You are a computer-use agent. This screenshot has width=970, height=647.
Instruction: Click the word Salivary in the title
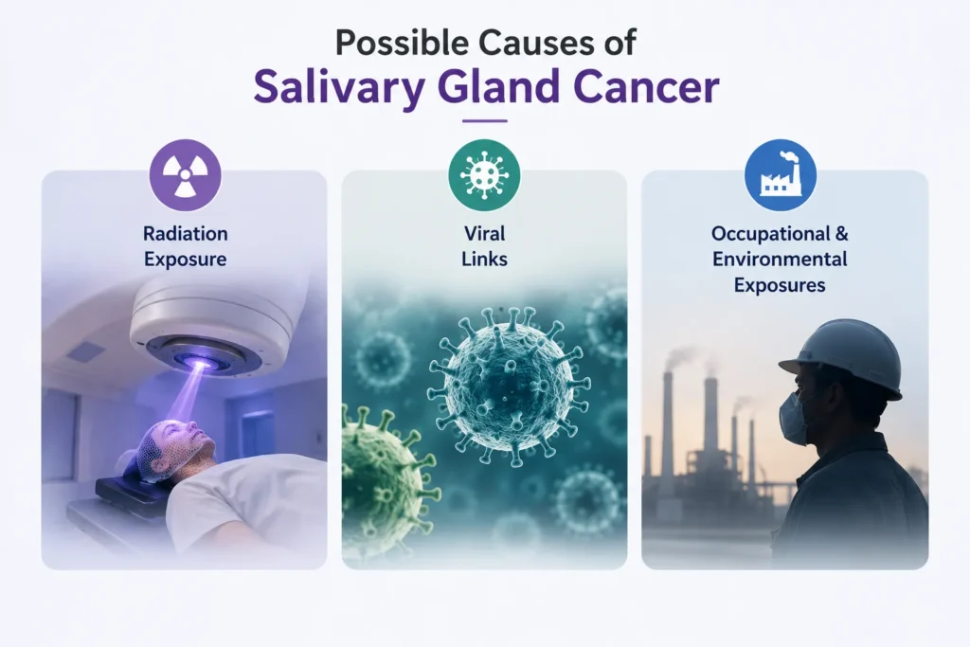point(339,88)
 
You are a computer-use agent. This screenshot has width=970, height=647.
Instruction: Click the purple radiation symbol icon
point(185,175)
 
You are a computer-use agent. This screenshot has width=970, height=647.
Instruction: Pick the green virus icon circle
point(484,175)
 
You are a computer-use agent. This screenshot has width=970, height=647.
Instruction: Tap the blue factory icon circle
point(781,175)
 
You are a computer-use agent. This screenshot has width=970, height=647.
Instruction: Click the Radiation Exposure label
point(185,246)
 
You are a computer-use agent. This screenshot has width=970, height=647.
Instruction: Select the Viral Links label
point(484,246)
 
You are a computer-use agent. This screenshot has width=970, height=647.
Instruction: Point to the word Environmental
point(780,259)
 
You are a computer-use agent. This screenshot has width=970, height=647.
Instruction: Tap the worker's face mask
point(794,419)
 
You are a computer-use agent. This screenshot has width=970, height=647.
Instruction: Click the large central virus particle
point(508,384)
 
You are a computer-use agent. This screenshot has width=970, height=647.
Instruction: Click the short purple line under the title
point(484,120)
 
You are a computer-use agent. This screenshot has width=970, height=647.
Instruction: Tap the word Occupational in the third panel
point(769,234)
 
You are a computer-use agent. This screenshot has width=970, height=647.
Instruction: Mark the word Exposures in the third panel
point(780,285)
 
